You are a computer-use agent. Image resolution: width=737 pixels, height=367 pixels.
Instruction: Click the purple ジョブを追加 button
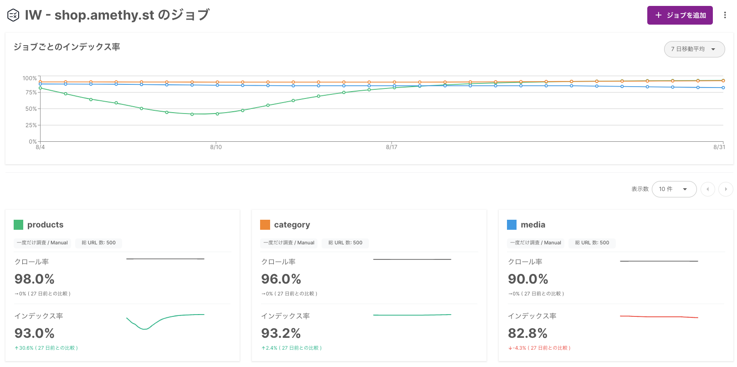coord(680,16)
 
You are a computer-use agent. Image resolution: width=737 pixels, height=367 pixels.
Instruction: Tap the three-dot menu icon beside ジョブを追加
coord(725,16)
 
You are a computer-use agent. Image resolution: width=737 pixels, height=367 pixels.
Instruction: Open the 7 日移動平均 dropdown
coord(694,49)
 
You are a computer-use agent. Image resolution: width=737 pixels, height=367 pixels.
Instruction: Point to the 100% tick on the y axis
coord(30,78)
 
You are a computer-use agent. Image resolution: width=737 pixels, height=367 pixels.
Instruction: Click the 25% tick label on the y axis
coord(31,125)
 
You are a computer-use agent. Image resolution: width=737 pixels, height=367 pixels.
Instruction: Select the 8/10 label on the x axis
coord(216,147)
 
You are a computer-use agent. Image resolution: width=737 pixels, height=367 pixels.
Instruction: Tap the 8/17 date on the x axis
coord(391,147)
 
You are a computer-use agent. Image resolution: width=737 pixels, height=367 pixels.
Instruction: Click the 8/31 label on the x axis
coord(719,147)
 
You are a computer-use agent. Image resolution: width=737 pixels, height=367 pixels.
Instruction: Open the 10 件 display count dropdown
coord(674,189)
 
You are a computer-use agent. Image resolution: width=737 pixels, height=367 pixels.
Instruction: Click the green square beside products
coord(18,225)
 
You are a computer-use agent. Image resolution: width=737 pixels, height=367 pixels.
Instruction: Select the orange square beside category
coord(265,225)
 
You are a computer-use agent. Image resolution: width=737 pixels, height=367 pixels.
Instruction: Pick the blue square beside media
coord(512,225)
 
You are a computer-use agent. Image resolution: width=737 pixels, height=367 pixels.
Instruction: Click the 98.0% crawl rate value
coord(35,279)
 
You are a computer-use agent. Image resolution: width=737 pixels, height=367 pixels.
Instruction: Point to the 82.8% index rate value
coord(527,333)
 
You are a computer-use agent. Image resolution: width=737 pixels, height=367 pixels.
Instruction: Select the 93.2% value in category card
coord(281,333)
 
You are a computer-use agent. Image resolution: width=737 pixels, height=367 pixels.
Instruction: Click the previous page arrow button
coord(707,189)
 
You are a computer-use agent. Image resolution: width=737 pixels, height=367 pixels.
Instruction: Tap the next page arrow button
coord(726,189)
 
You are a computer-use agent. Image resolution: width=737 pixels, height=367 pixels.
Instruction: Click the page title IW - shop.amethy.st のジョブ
coord(117,15)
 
